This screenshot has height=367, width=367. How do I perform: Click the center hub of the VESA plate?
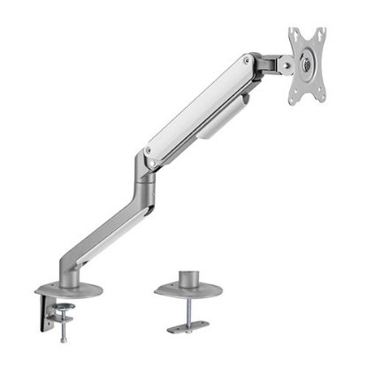point(307,65)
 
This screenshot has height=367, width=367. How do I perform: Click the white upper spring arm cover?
point(199,107)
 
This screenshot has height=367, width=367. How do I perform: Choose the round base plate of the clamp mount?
point(69,289)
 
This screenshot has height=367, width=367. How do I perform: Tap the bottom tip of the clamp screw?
point(65,340)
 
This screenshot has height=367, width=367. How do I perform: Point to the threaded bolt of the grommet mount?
point(188,310)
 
